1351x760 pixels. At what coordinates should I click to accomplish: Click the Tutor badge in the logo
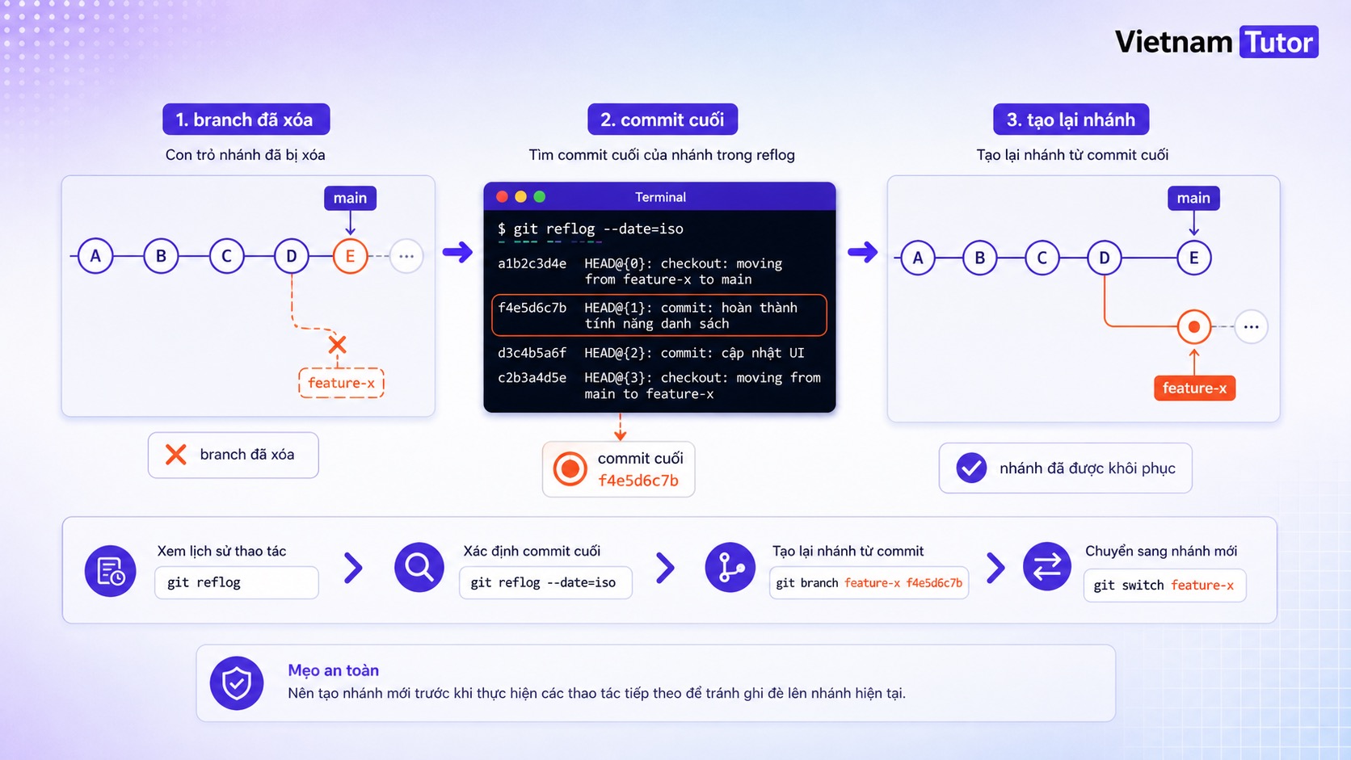point(1278,41)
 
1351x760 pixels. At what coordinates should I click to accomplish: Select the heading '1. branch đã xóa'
point(246,120)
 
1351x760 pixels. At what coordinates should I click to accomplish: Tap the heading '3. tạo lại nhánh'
point(1071,120)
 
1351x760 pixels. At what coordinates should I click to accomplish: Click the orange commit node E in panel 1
point(350,256)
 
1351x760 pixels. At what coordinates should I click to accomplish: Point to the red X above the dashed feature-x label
point(337,345)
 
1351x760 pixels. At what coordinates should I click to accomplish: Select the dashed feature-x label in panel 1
point(341,383)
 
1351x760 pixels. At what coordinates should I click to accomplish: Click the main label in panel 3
point(1193,199)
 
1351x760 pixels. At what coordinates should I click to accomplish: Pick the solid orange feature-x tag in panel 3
point(1195,388)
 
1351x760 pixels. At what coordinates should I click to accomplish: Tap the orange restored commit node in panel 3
point(1193,326)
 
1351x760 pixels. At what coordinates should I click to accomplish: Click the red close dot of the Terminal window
point(502,197)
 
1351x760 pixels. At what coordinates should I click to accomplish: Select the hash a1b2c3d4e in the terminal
point(532,263)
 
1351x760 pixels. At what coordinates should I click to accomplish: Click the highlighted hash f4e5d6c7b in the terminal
point(532,308)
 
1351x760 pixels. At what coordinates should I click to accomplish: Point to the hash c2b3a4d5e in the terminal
point(532,378)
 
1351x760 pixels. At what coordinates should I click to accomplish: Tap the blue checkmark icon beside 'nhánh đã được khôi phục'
point(971,468)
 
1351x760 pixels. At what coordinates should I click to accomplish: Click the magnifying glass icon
point(419,567)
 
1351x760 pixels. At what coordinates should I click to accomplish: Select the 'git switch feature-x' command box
point(1164,586)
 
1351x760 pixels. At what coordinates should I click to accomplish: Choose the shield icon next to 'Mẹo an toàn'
point(237,682)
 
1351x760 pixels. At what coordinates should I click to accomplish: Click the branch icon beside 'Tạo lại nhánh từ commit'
point(730,567)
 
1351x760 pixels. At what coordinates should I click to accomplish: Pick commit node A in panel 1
point(95,256)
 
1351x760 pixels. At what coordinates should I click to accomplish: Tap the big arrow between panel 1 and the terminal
point(458,252)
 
